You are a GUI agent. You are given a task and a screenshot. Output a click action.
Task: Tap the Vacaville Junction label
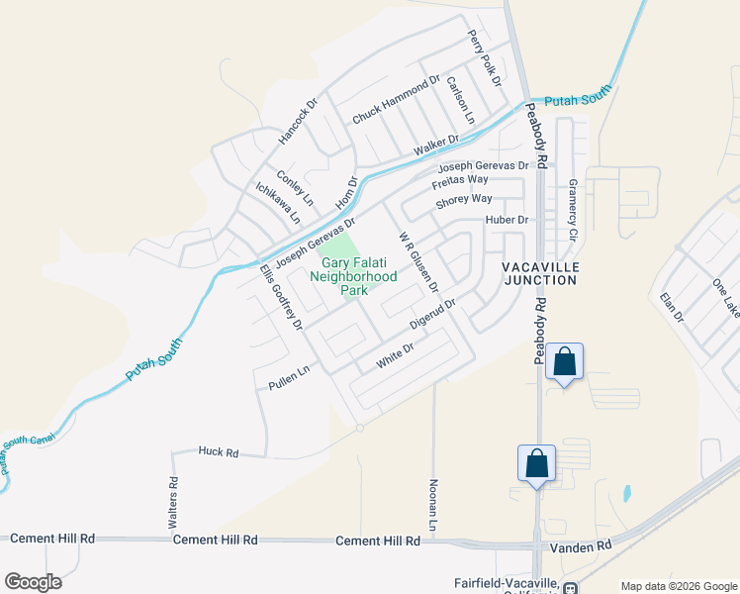539,274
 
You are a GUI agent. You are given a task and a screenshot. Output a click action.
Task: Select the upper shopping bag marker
564,362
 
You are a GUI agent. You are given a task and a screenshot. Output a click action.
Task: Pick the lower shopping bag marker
536,463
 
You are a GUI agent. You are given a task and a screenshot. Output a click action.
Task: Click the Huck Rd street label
219,452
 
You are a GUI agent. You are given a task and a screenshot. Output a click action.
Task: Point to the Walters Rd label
173,501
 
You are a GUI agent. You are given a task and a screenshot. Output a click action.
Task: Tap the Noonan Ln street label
432,502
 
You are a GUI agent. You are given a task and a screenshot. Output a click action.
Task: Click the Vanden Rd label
591,544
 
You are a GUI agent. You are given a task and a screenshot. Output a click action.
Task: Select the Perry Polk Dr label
486,56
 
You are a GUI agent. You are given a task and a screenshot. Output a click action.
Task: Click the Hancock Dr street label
298,118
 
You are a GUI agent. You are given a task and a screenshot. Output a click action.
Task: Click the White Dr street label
394,358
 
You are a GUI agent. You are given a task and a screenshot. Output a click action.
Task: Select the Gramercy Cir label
572,211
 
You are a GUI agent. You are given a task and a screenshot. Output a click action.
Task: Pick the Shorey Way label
464,201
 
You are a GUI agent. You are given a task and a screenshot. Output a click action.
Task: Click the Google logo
33,582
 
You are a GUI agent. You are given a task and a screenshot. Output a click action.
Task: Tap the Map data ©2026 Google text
678,586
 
